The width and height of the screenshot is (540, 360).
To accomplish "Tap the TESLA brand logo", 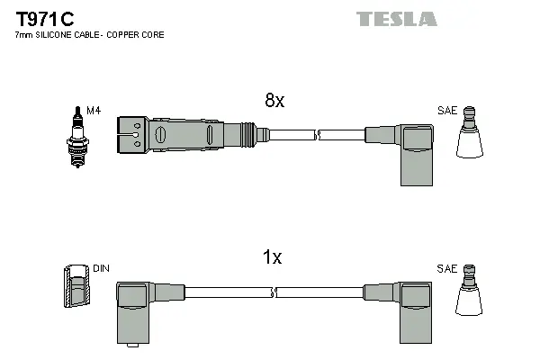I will (396, 19).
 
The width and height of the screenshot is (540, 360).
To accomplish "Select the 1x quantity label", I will (272, 257).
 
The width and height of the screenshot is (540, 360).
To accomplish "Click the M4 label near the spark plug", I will (93, 111).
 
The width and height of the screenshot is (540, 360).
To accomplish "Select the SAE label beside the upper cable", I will (447, 111).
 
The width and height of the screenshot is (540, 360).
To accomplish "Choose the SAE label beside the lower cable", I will (447, 268).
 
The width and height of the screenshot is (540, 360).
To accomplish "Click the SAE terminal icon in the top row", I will (471, 135).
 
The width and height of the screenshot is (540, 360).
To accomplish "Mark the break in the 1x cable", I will (274, 292).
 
